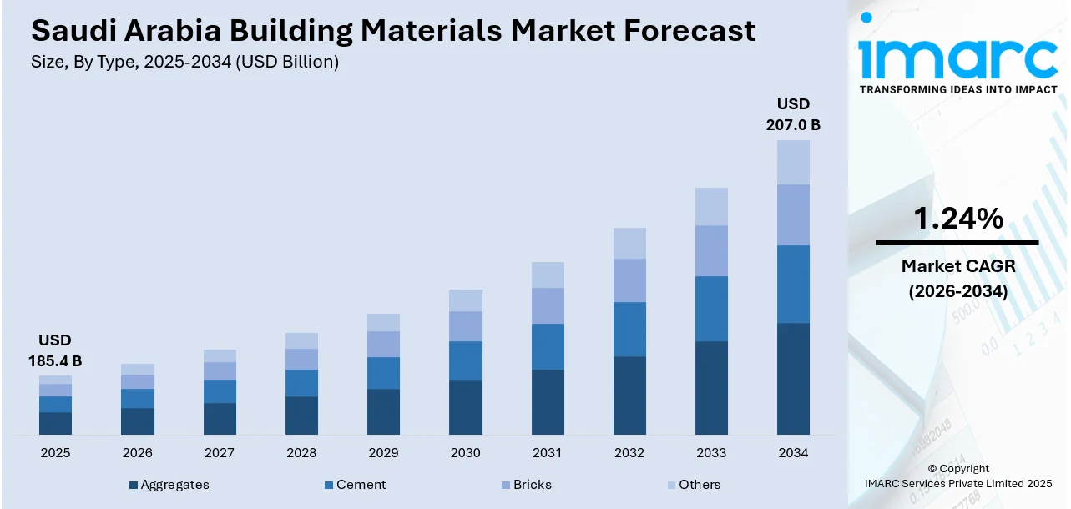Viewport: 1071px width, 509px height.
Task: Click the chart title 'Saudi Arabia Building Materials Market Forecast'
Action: (x=392, y=31)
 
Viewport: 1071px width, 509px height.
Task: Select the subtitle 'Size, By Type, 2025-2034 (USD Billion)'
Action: (x=184, y=63)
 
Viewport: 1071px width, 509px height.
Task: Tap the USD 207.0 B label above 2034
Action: (x=793, y=115)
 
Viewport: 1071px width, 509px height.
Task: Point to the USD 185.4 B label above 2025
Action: (x=55, y=350)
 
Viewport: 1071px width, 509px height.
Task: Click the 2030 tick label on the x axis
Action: (x=465, y=453)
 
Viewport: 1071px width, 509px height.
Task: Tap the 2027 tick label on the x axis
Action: (x=220, y=453)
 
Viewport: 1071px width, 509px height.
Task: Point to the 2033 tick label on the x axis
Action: (x=711, y=453)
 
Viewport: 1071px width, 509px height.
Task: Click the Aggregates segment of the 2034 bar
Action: (x=793, y=379)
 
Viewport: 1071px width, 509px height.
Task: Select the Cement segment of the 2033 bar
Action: (x=711, y=309)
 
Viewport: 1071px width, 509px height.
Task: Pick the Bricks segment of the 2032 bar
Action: (x=629, y=280)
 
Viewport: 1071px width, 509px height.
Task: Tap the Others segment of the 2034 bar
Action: (x=793, y=162)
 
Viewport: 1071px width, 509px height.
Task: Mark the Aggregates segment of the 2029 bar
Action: (x=383, y=411)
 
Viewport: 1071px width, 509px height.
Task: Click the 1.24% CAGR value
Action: (x=957, y=219)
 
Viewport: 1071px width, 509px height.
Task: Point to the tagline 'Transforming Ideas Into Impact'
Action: (x=958, y=89)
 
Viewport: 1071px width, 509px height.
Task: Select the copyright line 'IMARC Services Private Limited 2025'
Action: (x=957, y=484)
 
